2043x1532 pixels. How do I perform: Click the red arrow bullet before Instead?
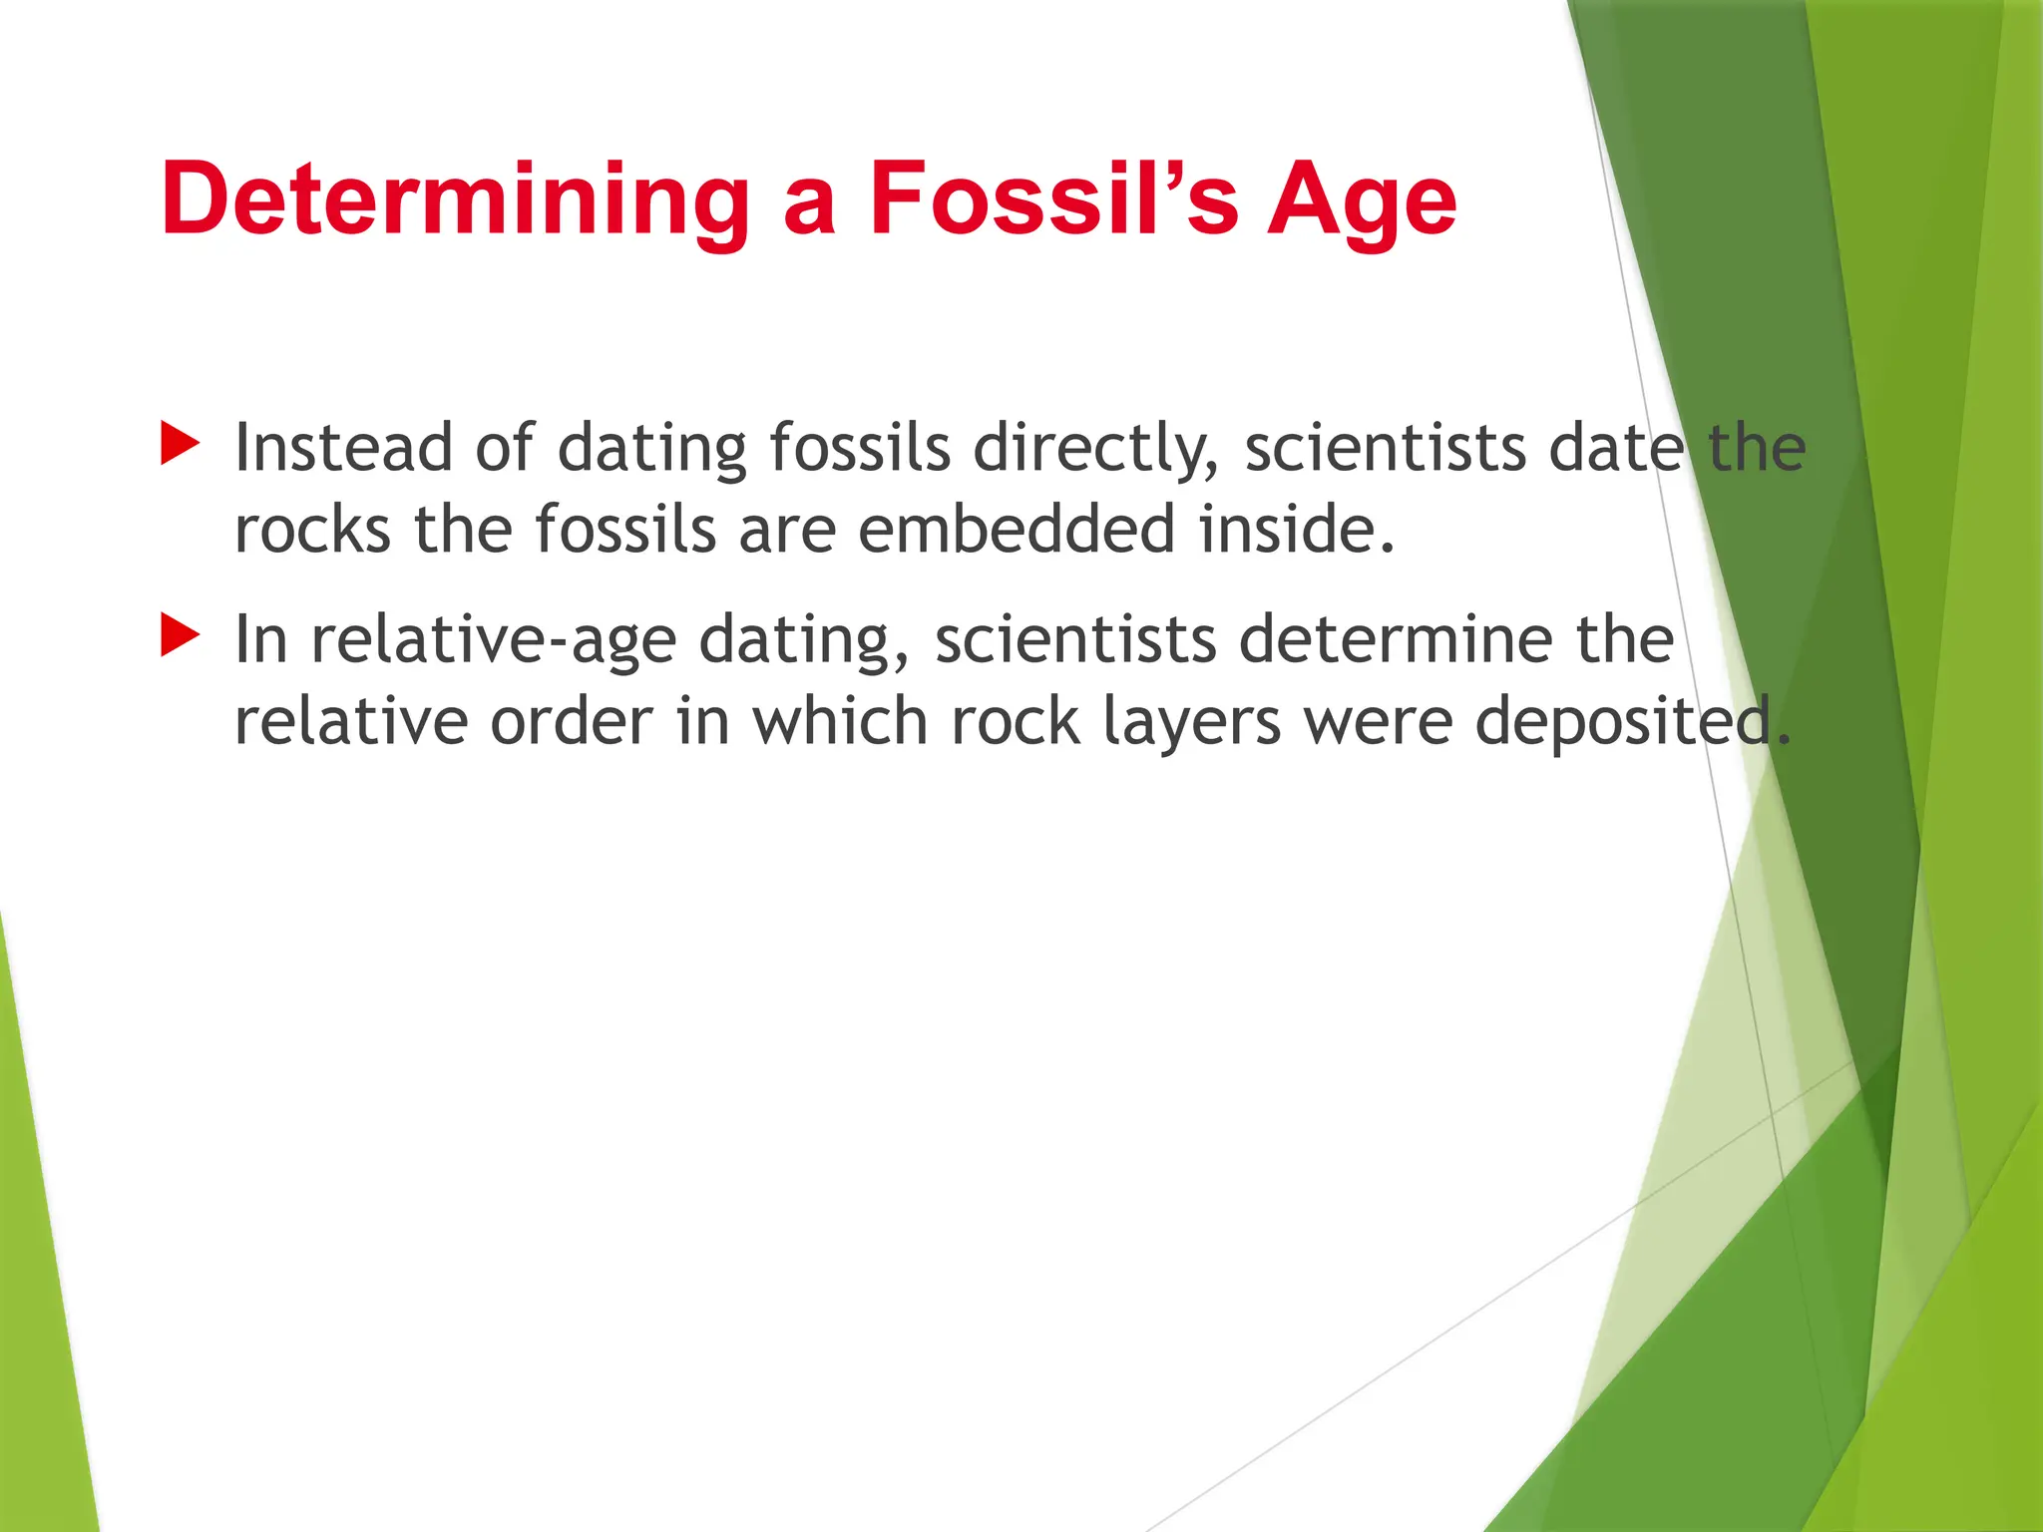click(180, 443)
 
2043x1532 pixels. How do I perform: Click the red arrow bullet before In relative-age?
click(180, 635)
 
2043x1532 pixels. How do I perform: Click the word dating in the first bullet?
click(651, 449)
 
